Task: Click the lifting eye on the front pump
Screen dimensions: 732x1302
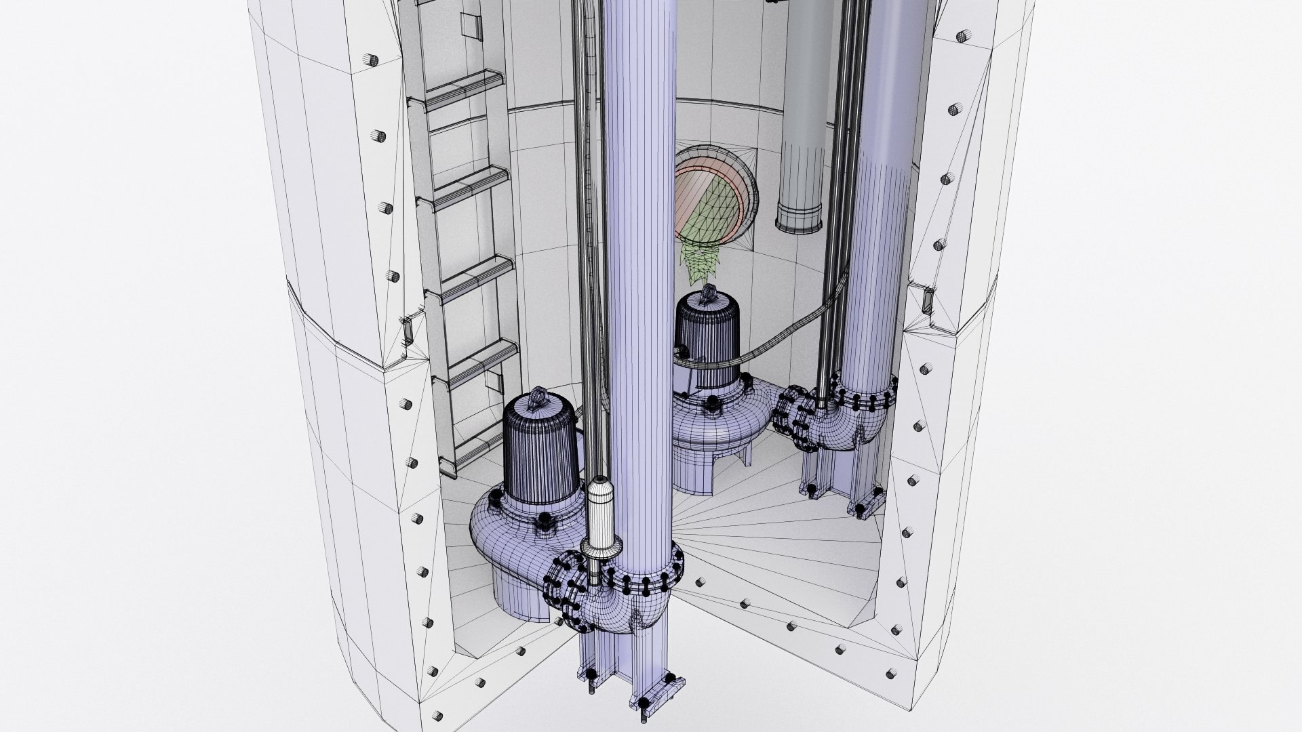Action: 541,396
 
